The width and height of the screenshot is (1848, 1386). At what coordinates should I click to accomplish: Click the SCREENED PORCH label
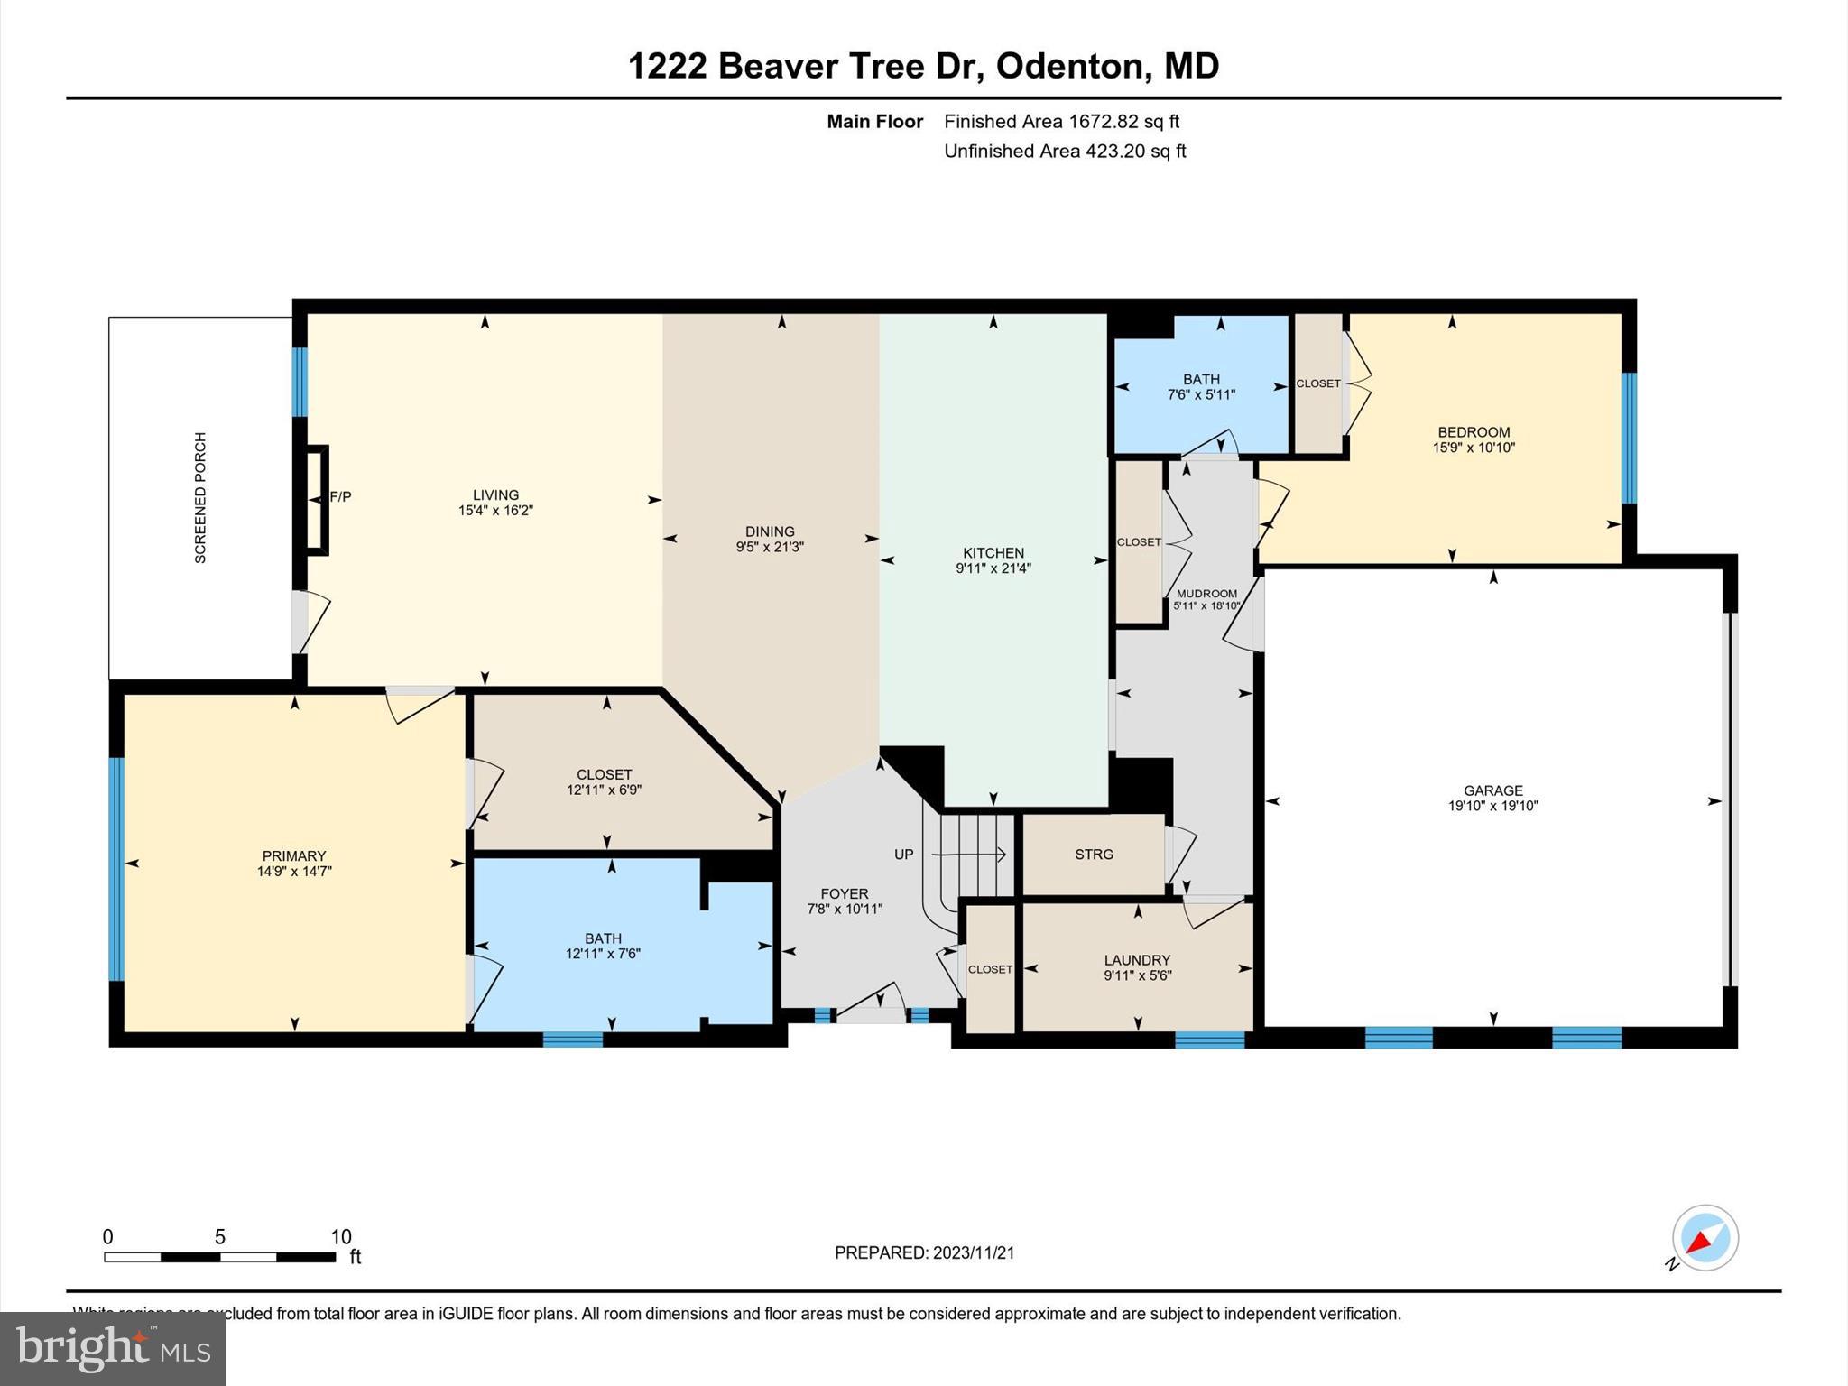tap(200, 498)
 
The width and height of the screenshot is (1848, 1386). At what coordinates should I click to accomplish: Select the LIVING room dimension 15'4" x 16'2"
tap(495, 511)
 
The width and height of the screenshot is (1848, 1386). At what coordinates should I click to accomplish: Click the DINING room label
tap(770, 531)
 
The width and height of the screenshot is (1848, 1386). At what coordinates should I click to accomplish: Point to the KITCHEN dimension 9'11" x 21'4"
tap(993, 568)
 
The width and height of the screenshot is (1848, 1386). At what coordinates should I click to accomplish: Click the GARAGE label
tap(1492, 790)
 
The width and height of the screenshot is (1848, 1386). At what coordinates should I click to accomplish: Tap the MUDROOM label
tap(1206, 594)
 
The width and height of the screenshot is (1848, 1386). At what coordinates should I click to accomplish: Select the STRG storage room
tap(1094, 855)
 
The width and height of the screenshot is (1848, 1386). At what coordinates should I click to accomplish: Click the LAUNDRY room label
tap(1137, 960)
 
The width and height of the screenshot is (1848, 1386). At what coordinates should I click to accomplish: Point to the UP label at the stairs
tap(904, 855)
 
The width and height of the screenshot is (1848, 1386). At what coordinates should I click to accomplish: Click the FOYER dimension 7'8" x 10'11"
tap(844, 910)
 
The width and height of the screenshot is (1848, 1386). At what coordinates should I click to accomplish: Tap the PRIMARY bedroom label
tap(293, 855)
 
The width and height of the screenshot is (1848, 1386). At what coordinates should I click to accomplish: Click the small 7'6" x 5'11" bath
tap(1201, 387)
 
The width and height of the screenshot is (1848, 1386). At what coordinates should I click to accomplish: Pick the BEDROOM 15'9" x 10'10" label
tap(1474, 439)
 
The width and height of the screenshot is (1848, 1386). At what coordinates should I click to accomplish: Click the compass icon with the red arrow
tap(1705, 1238)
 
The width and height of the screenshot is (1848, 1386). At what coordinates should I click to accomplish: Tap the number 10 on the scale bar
tap(340, 1237)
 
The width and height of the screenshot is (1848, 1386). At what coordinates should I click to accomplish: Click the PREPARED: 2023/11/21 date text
tap(924, 1252)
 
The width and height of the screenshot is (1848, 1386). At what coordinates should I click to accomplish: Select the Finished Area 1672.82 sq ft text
tap(1061, 121)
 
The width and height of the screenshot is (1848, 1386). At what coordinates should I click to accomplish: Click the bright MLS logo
tap(112, 1348)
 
